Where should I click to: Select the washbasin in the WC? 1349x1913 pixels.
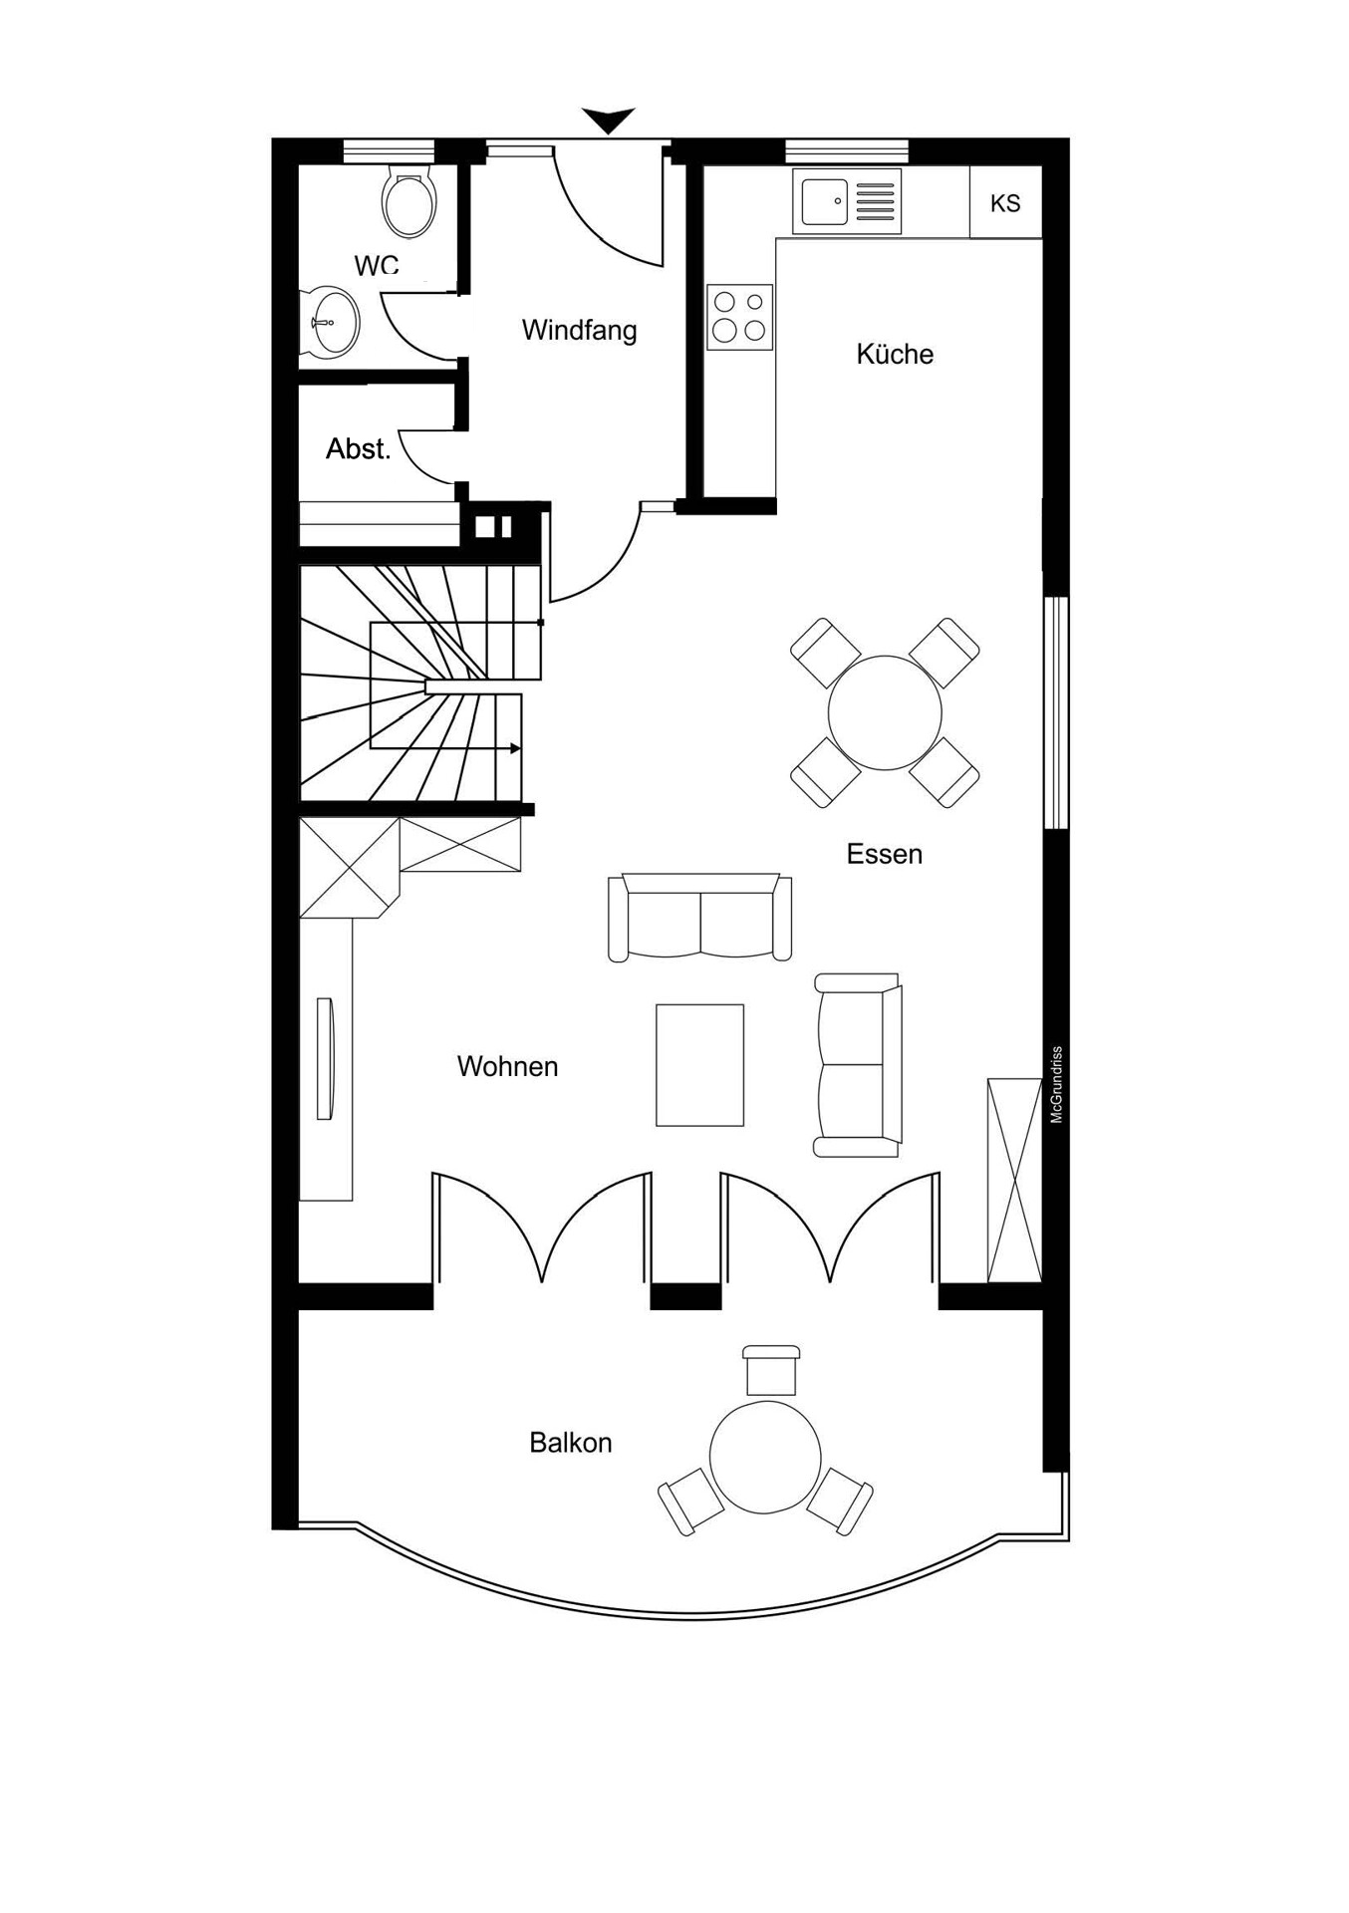pyautogui.click(x=329, y=322)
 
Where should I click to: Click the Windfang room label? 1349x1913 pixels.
pyautogui.click(x=579, y=330)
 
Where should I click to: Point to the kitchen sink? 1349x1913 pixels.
pyautogui.click(x=847, y=200)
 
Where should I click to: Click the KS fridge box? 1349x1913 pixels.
pyautogui.click(x=1005, y=202)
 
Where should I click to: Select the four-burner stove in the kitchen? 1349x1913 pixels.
pyautogui.click(x=740, y=317)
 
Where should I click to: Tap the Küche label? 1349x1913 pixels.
pyautogui.click(x=895, y=354)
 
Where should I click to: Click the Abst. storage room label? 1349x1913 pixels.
pyautogui.click(x=359, y=449)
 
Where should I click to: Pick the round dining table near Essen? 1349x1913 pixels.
pyautogui.click(x=885, y=712)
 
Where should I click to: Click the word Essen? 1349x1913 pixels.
pyautogui.click(x=885, y=854)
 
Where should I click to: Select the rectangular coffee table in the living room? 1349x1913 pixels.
pyautogui.click(x=699, y=1065)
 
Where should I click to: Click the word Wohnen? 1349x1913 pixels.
pyautogui.click(x=507, y=1066)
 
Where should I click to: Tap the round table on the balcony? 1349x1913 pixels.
pyautogui.click(x=765, y=1456)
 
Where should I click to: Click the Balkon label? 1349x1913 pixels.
pyautogui.click(x=570, y=1443)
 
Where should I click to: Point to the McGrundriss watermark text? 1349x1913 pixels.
pyautogui.click(x=1057, y=1085)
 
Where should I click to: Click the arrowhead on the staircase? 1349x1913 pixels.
pyautogui.click(x=515, y=747)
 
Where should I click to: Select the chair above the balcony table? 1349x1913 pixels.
pyautogui.click(x=771, y=1370)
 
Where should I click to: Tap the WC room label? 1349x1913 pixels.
pyautogui.click(x=377, y=265)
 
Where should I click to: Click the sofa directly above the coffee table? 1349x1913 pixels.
pyautogui.click(x=700, y=917)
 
